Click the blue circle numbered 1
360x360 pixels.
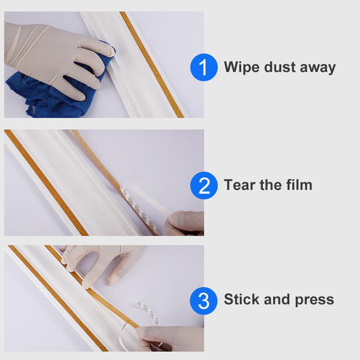click(204, 67)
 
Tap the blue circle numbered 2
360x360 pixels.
click(204, 185)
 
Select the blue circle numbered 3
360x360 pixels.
click(204, 300)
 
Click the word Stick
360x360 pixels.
click(241, 299)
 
